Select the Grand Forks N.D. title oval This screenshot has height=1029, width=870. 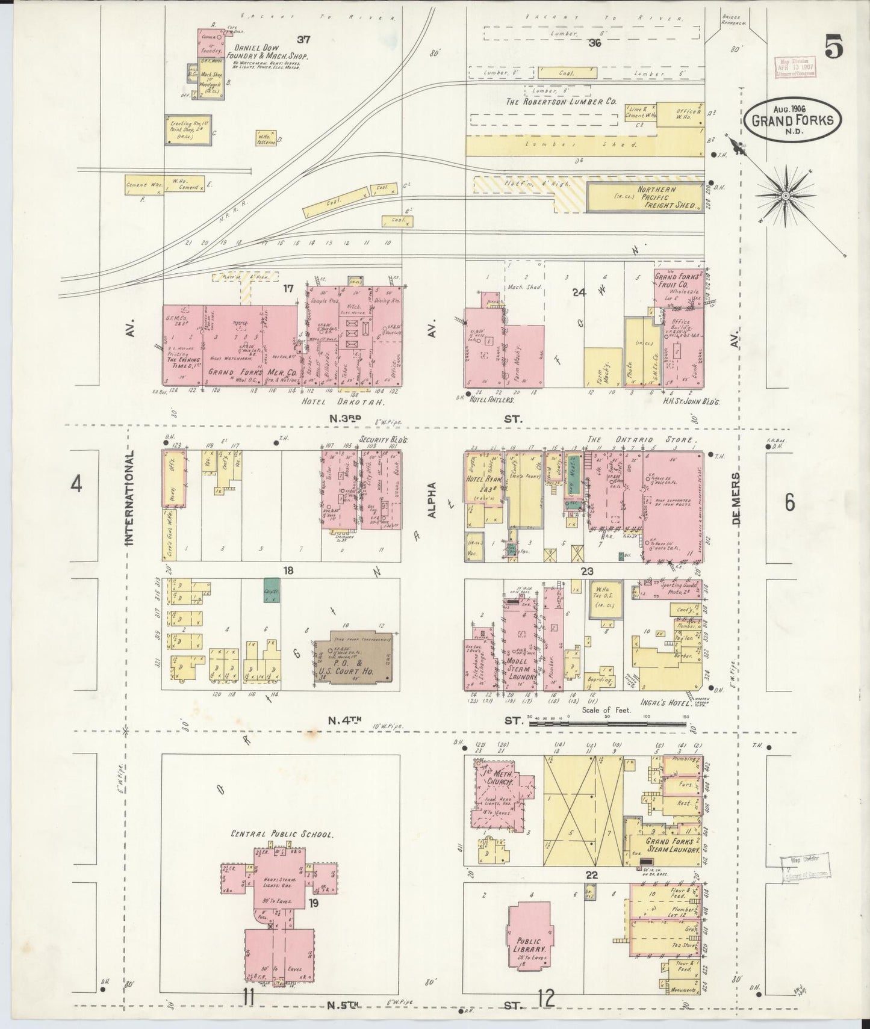[792, 119]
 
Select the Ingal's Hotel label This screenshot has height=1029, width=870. [673, 701]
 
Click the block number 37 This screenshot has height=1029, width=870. [303, 40]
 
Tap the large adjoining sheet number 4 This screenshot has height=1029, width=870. [76, 483]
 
